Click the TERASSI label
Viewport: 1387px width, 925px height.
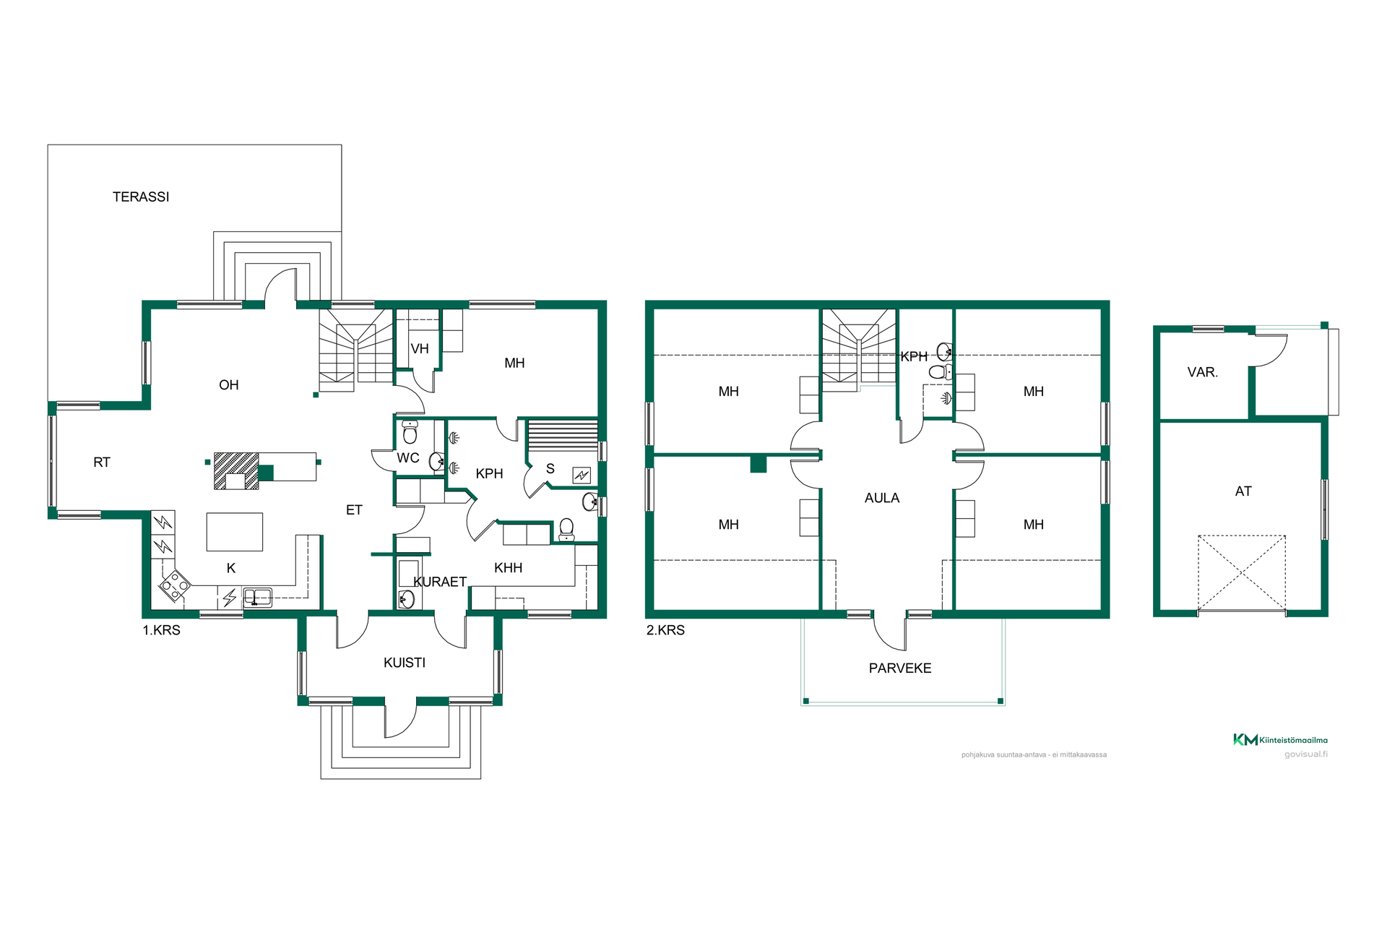[141, 197]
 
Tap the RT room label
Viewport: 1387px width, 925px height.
[102, 462]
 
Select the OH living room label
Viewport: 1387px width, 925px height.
[229, 385]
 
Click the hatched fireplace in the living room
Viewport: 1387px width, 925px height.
[236, 471]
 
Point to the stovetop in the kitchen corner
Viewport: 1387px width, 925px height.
[175, 585]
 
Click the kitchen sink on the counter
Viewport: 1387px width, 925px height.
[258, 597]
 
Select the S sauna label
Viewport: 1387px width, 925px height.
[550, 469]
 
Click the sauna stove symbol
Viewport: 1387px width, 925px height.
[582, 475]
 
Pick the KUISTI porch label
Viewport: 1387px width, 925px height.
[405, 663]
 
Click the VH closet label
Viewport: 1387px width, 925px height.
[420, 349]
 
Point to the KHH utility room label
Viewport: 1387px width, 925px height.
[509, 568]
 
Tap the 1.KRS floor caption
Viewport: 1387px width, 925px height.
[161, 630]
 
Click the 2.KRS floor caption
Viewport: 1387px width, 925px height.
[665, 630]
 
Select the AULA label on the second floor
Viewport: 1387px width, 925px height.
[882, 498]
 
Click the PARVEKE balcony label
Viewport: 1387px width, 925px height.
[900, 668]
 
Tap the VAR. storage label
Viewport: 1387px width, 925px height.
[1203, 372]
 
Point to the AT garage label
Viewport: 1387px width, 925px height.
[1243, 491]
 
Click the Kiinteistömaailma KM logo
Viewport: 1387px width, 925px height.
[1280, 739]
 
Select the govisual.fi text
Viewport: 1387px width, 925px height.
[1306, 754]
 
